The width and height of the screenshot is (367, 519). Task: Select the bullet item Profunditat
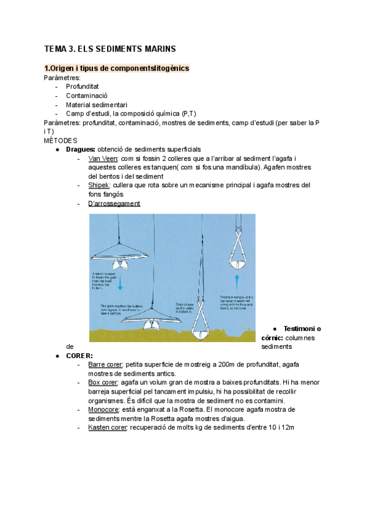click(x=83, y=86)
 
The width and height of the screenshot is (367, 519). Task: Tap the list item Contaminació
click(x=87, y=95)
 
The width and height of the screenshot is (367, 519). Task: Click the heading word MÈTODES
click(x=61, y=140)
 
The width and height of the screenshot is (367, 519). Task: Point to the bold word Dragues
click(x=80, y=149)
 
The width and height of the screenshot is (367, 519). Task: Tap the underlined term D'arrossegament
click(x=114, y=203)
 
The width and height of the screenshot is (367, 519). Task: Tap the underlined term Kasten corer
click(x=107, y=427)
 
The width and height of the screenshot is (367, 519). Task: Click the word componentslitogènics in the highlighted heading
click(x=149, y=69)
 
